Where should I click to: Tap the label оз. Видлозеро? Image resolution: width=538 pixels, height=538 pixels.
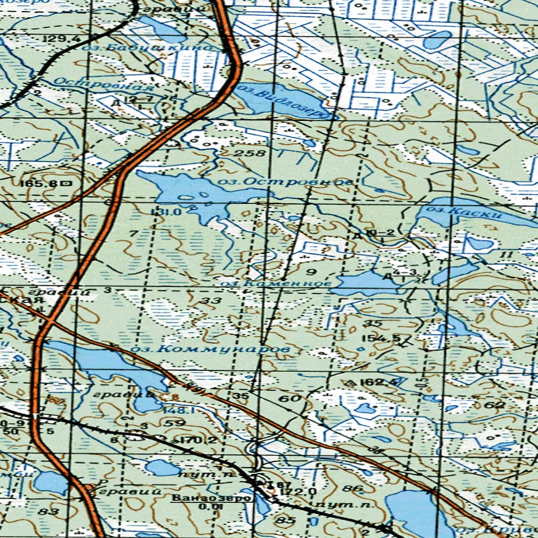tap(284, 100)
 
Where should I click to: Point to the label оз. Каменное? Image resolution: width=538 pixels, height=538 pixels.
tap(276, 284)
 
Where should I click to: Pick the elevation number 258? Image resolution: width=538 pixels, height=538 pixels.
tap(246, 153)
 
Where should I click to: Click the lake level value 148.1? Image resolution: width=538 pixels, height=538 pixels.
tap(172, 410)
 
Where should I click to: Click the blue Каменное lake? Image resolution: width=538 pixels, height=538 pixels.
tap(363, 284)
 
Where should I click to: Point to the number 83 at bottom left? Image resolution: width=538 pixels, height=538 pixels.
tap(51, 511)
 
